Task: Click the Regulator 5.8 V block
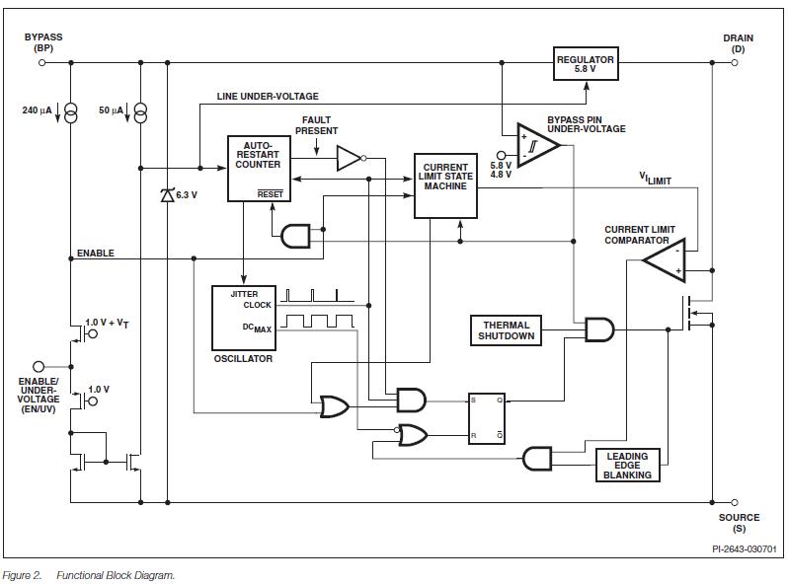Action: point(586,64)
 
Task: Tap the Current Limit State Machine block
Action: point(446,184)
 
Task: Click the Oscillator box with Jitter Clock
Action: point(244,317)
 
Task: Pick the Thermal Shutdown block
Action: point(507,330)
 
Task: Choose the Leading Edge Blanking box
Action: point(627,466)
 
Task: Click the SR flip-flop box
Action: point(487,417)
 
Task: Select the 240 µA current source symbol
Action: point(71,111)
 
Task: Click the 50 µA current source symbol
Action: point(140,111)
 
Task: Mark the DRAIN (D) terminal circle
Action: point(735,62)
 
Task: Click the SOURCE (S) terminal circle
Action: point(735,501)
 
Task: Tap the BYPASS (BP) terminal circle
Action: point(41,62)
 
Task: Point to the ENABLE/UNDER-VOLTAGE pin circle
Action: point(39,366)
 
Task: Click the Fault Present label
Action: point(317,125)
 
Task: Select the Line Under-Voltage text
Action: point(268,96)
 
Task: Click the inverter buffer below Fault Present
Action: point(350,158)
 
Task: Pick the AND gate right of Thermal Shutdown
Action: point(597,329)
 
